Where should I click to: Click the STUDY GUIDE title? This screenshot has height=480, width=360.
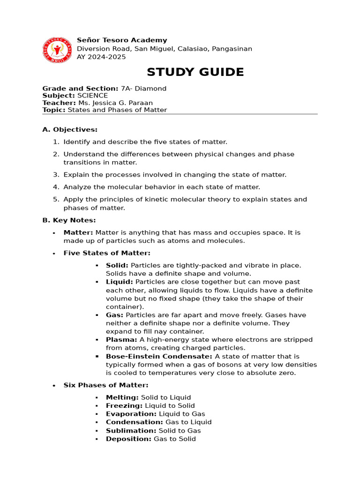(x=195, y=72)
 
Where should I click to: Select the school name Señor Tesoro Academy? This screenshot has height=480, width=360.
(x=122, y=40)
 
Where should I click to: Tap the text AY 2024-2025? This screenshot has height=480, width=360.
(x=101, y=57)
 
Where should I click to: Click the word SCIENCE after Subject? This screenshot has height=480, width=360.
(x=92, y=96)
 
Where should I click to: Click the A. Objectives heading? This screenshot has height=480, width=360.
(x=70, y=129)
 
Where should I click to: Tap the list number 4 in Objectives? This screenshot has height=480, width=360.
(x=55, y=187)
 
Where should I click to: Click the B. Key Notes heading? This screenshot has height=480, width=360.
(x=69, y=220)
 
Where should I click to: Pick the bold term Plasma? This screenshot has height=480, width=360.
(x=121, y=340)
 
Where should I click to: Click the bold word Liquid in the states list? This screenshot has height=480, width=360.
(x=119, y=282)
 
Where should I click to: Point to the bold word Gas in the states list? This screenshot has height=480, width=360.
(x=114, y=315)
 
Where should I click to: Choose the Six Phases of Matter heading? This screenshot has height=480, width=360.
(x=106, y=385)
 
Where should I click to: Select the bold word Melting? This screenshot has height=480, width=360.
(x=122, y=397)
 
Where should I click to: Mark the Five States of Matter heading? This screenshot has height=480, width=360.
(x=107, y=253)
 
